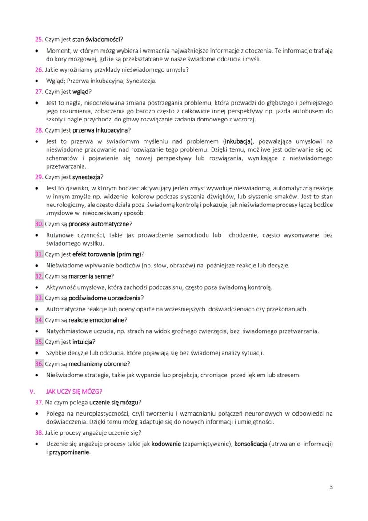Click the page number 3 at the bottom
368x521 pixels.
click(331, 486)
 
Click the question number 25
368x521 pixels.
click(39, 39)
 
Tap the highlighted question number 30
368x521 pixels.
click(39, 223)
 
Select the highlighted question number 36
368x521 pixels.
click(39, 363)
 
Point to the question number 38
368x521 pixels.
click(39, 432)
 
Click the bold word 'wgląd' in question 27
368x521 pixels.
click(80, 92)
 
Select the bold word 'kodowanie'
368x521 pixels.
click(166, 444)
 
